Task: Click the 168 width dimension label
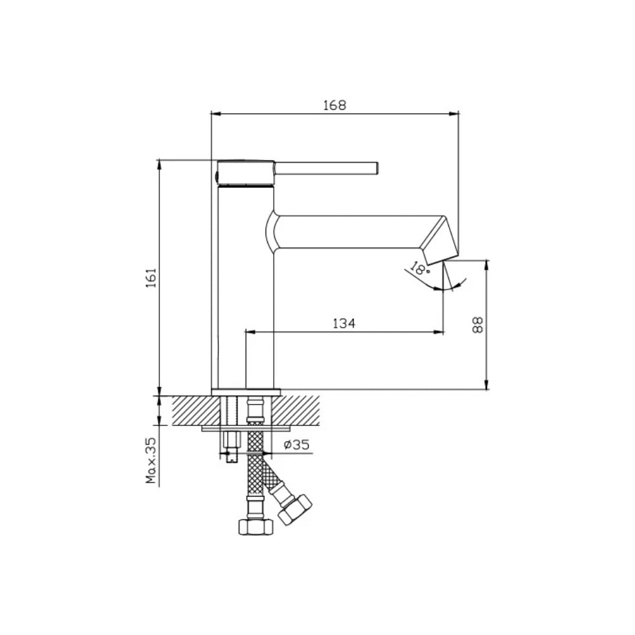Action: click(x=335, y=105)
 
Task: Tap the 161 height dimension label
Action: click(x=150, y=277)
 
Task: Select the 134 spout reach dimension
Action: click(x=344, y=324)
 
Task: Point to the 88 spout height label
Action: click(x=478, y=324)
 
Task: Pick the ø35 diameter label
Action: click(x=297, y=444)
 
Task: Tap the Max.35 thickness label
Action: click(x=151, y=460)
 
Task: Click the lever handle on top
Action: click(x=326, y=168)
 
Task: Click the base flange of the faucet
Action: click(x=246, y=392)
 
